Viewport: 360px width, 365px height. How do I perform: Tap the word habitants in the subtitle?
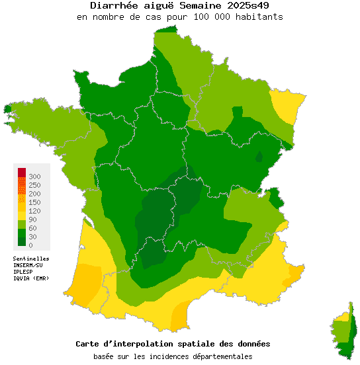(x=259, y=17)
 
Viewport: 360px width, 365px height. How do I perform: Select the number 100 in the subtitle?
(x=199, y=17)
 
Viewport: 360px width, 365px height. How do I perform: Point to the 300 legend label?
(x=35, y=177)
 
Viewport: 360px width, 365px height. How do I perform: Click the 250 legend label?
(x=35, y=185)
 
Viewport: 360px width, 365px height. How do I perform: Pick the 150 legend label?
(x=35, y=202)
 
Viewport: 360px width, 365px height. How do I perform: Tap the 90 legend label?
(x=33, y=220)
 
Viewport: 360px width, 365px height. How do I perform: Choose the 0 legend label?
(x=31, y=245)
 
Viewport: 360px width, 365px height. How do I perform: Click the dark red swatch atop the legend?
(x=22, y=173)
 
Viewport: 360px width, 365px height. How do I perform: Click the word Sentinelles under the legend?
(x=31, y=259)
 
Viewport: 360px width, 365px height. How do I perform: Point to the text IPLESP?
(x=23, y=272)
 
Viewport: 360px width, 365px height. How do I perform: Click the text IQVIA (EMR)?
(x=31, y=278)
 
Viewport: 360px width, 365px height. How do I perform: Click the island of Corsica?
(x=345, y=334)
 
